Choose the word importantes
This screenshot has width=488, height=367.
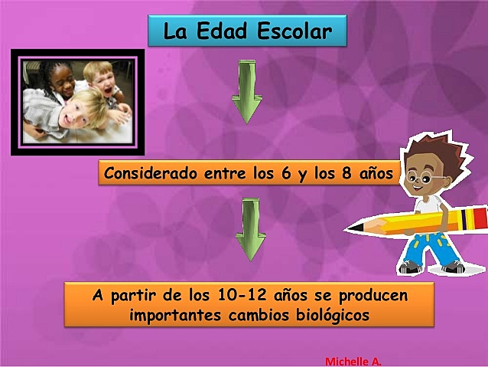170,314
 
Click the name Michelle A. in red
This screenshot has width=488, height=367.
353,360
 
